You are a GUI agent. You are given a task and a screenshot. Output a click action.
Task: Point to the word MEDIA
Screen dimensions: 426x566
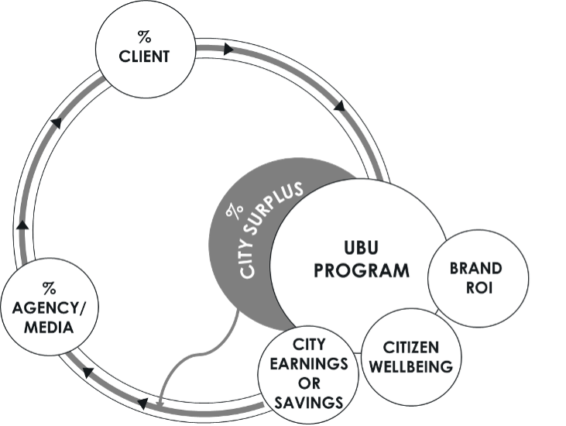pyautogui.click(x=49, y=327)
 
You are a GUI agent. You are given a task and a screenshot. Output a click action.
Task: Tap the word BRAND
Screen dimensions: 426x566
pyautogui.click(x=476, y=269)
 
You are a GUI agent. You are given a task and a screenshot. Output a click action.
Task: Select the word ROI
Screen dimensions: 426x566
pyautogui.click(x=476, y=287)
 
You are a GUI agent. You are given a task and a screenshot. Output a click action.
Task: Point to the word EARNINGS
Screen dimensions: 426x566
pyautogui.click(x=308, y=362)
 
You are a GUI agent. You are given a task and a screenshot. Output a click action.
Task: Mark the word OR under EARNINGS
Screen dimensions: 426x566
pyautogui.click(x=308, y=383)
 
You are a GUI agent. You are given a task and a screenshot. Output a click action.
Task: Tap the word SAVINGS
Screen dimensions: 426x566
pyautogui.click(x=308, y=402)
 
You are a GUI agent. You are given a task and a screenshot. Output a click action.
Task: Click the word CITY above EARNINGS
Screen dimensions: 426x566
pyautogui.click(x=308, y=343)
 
